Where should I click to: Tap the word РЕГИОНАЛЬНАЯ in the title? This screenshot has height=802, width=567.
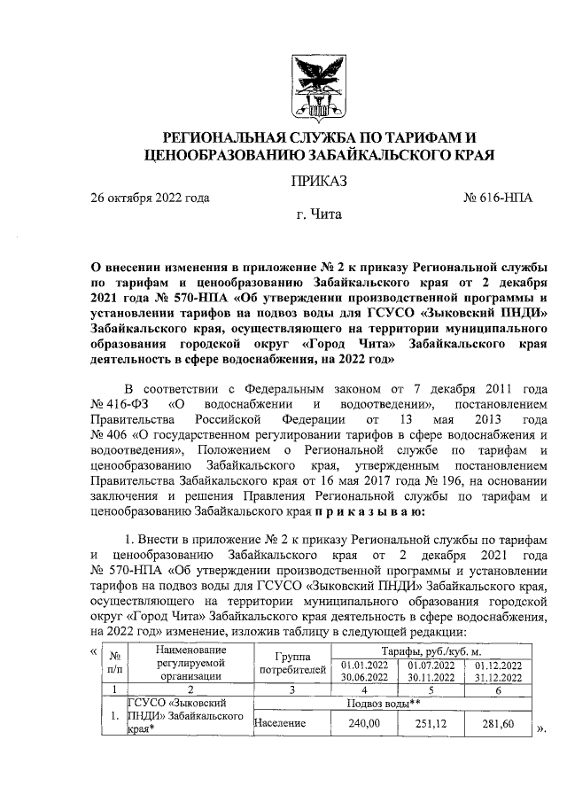219,138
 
